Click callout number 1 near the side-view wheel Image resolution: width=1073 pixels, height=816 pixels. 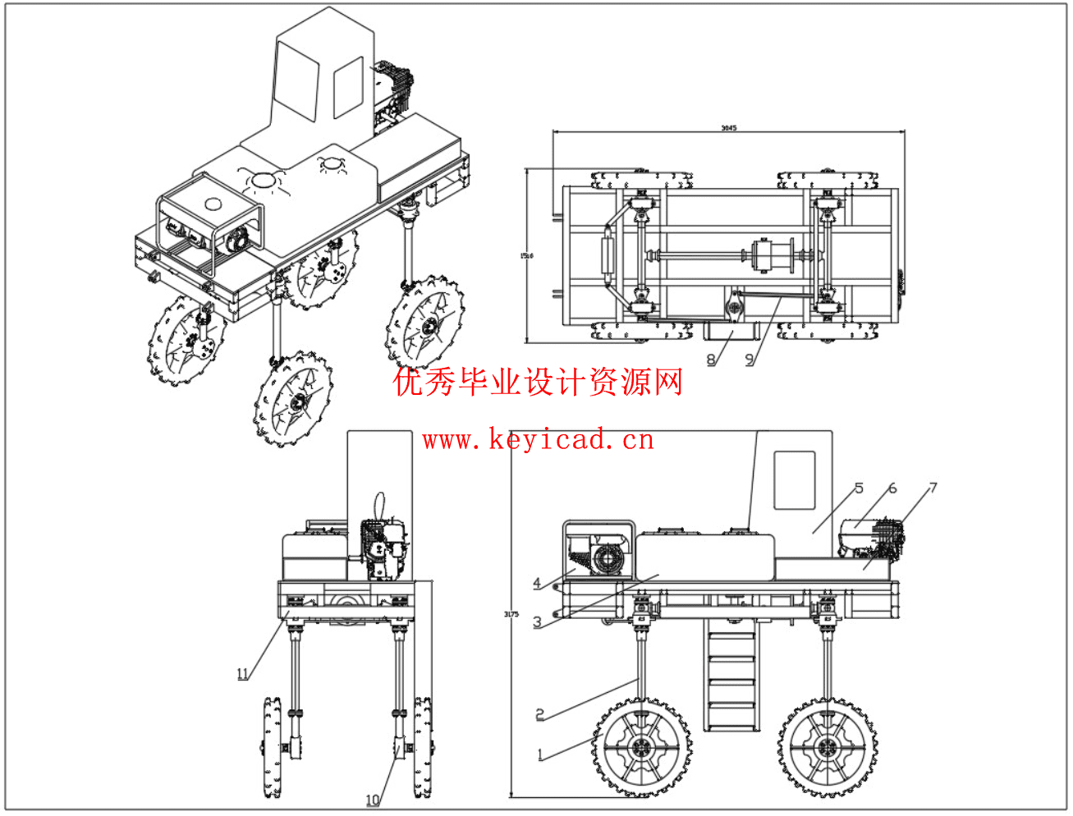tap(540, 754)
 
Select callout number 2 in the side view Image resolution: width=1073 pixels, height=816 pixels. tap(540, 714)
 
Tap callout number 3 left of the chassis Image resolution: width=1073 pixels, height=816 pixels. tap(537, 622)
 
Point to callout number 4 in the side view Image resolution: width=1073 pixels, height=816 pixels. tap(537, 584)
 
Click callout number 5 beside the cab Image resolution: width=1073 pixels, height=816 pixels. tap(859, 488)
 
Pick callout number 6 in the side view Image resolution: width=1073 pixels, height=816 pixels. tap(892, 488)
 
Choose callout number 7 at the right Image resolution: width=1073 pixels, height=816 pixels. tap(933, 488)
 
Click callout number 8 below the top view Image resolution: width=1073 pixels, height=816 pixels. tap(711, 359)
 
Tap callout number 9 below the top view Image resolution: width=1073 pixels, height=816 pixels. tap(749, 359)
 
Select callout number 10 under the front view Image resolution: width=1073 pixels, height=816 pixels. tap(373, 800)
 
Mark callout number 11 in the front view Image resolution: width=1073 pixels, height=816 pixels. tap(242, 674)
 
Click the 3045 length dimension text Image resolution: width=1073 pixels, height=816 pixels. tap(728, 128)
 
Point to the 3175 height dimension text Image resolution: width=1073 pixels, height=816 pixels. tap(511, 614)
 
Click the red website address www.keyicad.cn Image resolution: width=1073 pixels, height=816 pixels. tap(539, 440)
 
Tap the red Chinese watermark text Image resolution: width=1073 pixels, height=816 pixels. tap(539, 383)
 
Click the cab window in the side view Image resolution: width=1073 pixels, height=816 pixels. tap(795, 479)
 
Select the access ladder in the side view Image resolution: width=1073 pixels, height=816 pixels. tap(731, 675)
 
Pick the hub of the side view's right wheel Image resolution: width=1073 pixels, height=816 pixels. tap(825, 748)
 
